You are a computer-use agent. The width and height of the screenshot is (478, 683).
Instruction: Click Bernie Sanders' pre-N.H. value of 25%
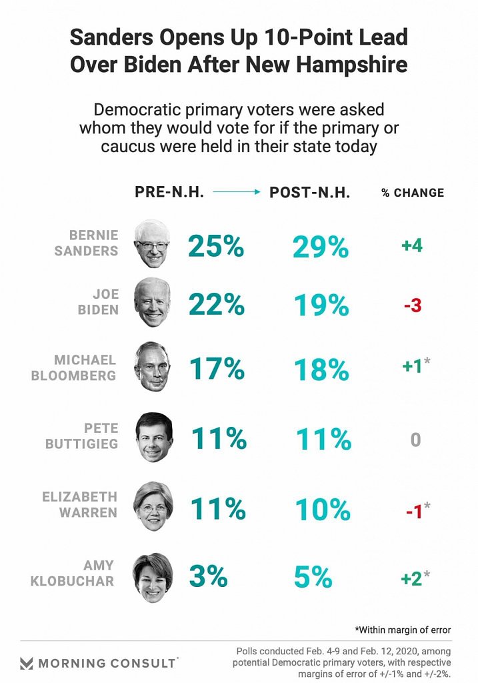pyautogui.click(x=216, y=246)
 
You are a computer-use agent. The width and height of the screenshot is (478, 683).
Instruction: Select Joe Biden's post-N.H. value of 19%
pyautogui.click(x=321, y=306)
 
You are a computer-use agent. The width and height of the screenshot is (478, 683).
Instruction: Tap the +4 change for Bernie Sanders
pyautogui.click(x=411, y=245)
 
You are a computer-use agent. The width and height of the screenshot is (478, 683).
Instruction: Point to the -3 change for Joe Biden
pyautogui.click(x=412, y=306)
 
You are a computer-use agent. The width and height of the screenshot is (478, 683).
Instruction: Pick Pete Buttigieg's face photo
pyautogui.click(x=154, y=438)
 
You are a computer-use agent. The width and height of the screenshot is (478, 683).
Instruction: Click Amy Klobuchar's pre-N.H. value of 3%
pyautogui.click(x=208, y=576)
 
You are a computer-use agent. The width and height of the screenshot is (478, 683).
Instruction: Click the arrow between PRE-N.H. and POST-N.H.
pyautogui.click(x=237, y=192)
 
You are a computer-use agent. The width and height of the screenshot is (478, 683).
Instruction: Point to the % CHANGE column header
pyautogui.click(x=413, y=193)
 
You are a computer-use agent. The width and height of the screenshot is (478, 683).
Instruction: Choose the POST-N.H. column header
pyautogui.click(x=310, y=192)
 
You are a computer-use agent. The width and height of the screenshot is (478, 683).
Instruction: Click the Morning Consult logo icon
pyautogui.click(x=27, y=663)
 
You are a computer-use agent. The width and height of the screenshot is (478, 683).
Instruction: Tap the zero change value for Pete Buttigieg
pyautogui.click(x=415, y=440)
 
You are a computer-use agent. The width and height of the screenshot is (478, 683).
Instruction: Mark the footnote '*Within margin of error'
pyautogui.click(x=403, y=629)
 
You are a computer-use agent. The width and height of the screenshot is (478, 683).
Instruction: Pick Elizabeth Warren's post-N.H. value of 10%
pyautogui.click(x=322, y=509)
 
